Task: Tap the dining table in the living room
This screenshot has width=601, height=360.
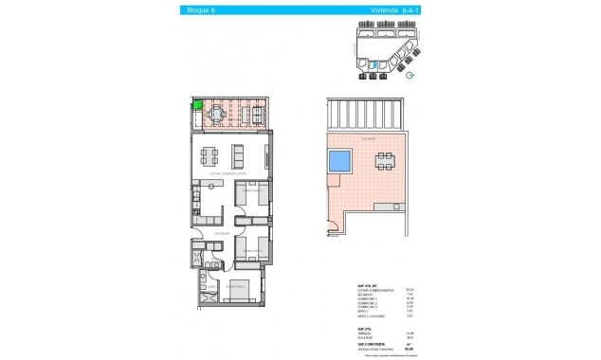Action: pos(210,155)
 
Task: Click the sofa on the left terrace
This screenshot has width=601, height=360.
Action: pos(256,114)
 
